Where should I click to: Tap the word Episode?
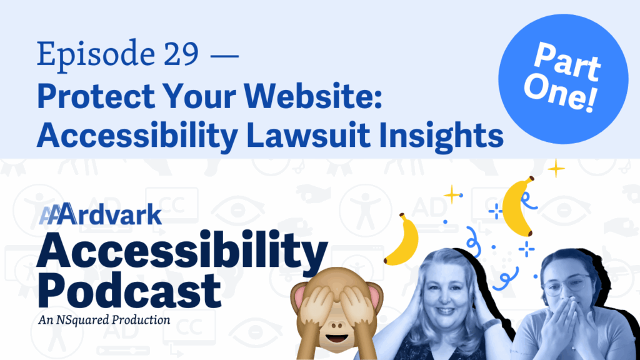[96, 56]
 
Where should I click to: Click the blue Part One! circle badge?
[563, 79]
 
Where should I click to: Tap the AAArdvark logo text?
[101, 214]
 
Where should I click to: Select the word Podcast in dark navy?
[129, 291]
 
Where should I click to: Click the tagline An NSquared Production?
[104, 319]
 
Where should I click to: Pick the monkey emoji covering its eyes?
[337, 312]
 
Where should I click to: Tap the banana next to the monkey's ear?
[402, 239]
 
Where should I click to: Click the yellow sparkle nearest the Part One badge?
[556, 168]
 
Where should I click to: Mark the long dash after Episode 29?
[224, 55]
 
